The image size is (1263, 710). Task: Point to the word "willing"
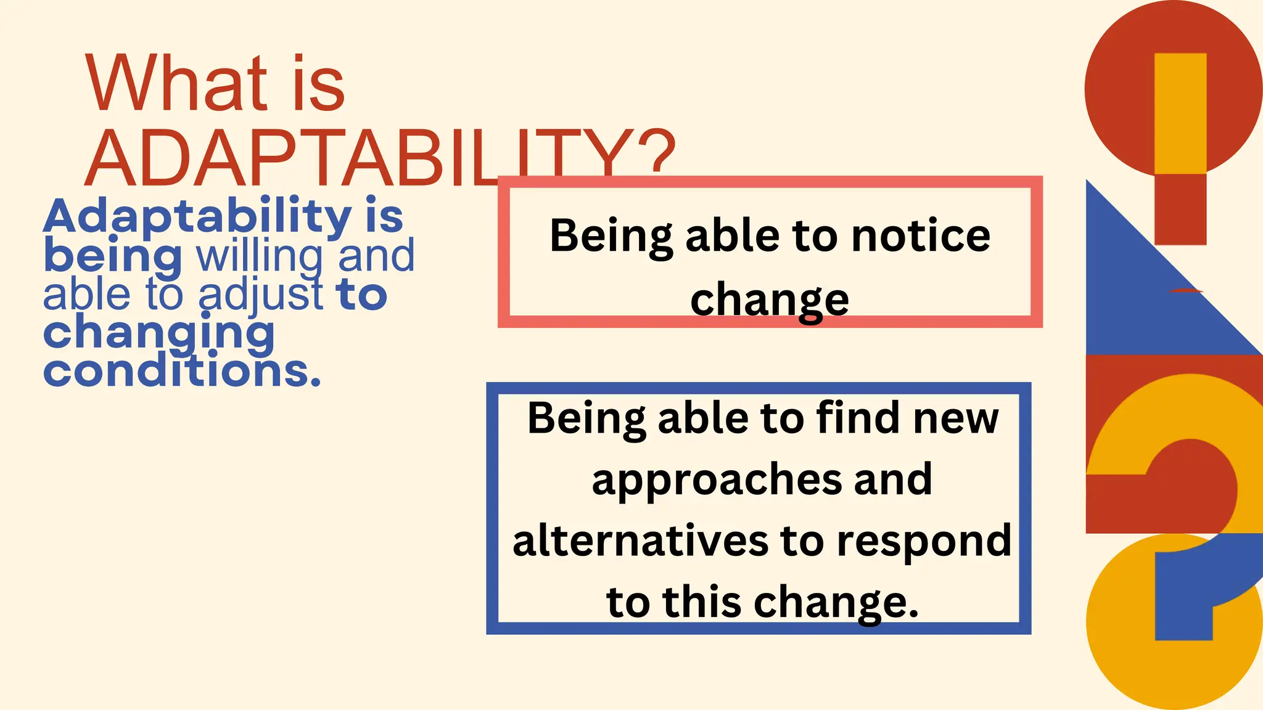[260, 256]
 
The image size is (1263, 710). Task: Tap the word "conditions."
[182, 372]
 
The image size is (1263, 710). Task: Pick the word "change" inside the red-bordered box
[769, 300]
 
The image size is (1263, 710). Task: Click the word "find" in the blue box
[858, 418]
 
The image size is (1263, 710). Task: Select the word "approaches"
[716, 480]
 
